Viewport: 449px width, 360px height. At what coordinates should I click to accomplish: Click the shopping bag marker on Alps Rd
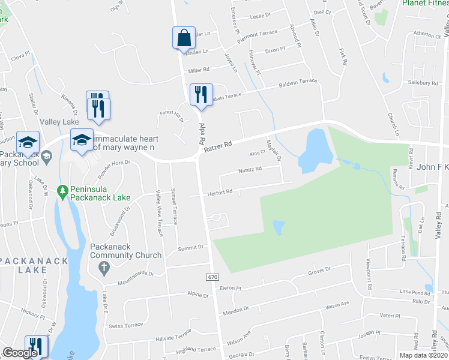pyautogui.click(x=184, y=38)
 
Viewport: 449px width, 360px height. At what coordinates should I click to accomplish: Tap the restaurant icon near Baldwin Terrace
pyautogui.click(x=200, y=94)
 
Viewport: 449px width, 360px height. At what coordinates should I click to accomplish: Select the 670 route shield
pyautogui.click(x=212, y=277)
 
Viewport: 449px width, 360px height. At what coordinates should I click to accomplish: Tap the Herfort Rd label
pyautogui.click(x=221, y=192)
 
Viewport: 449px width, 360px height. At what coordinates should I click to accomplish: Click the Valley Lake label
pyautogui.click(x=56, y=122)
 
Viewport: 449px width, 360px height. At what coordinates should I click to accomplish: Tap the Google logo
pyautogui.click(x=20, y=353)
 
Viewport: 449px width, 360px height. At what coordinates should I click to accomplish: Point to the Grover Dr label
pyautogui.click(x=319, y=271)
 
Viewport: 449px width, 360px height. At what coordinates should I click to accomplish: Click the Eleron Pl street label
pyautogui.click(x=230, y=288)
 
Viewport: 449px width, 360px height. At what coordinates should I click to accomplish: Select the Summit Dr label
pyautogui.click(x=191, y=247)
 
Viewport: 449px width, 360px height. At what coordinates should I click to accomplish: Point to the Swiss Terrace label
pyautogui.click(x=125, y=325)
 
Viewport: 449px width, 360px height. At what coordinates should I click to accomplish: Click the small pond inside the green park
pyautogui.click(x=279, y=227)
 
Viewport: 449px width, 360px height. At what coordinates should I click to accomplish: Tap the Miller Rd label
pyautogui.click(x=199, y=70)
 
